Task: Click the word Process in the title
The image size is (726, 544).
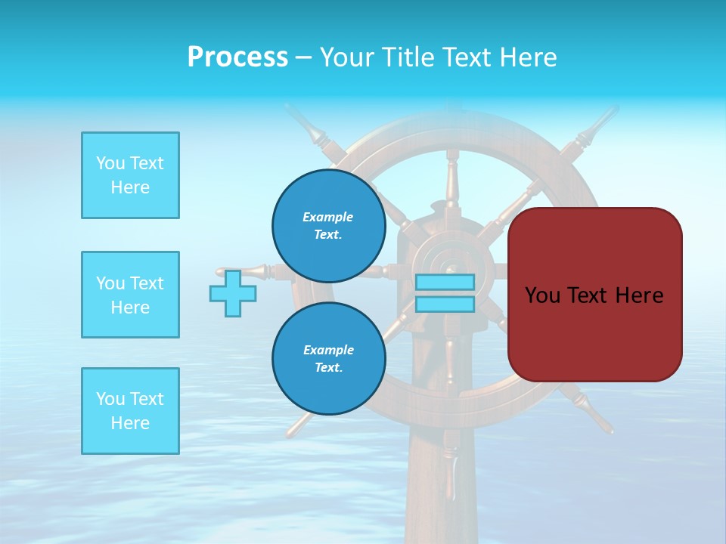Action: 237,57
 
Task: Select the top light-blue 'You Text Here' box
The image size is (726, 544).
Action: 130,175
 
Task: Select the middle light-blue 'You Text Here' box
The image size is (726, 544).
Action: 130,295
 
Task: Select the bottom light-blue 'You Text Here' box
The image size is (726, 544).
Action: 130,411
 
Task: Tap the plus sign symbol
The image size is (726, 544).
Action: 233,293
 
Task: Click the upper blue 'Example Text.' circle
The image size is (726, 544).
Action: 329,225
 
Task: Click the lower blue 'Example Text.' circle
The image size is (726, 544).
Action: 329,358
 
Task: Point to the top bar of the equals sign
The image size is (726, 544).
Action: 445,282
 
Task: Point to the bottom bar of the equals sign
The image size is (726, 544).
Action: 445,304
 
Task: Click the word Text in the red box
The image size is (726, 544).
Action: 594,295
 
